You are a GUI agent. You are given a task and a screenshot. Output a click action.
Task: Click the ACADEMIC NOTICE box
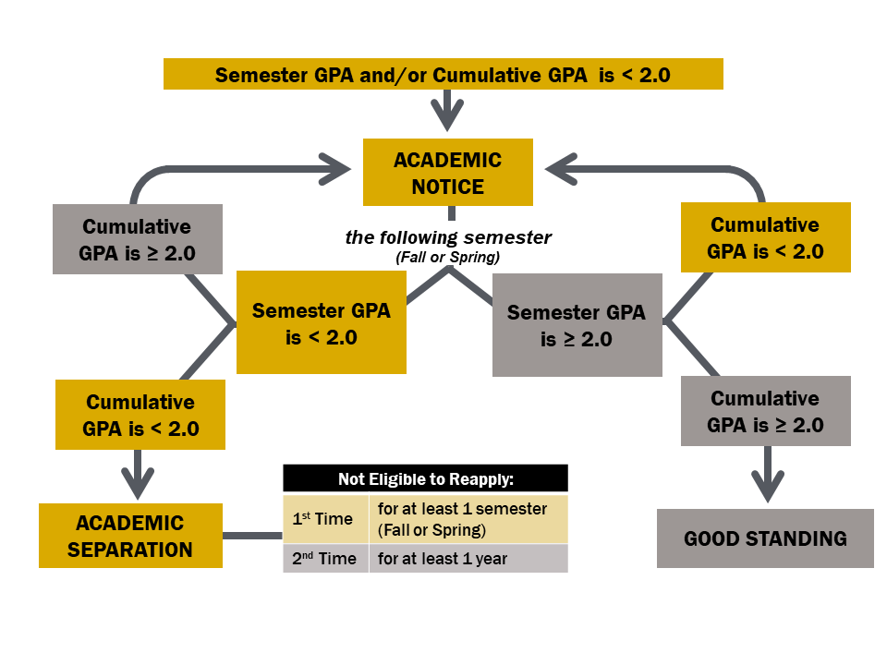(448, 173)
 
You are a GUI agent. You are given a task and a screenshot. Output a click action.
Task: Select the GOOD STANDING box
(765, 538)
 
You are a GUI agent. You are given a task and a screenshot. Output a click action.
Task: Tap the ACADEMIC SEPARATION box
(130, 536)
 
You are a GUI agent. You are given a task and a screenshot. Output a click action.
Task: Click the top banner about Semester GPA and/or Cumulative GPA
(443, 75)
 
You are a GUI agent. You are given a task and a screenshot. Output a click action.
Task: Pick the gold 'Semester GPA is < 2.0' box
(322, 322)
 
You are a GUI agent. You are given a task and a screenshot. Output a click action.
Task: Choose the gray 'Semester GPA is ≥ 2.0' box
(577, 325)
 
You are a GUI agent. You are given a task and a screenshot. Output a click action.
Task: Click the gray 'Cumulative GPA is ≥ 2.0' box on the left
(138, 239)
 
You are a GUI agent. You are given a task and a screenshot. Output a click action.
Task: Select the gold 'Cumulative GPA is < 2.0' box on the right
(765, 237)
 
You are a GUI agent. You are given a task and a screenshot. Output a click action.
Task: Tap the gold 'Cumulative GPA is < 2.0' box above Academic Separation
(140, 415)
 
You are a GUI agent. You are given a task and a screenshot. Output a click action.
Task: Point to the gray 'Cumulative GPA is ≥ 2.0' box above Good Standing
(765, 412)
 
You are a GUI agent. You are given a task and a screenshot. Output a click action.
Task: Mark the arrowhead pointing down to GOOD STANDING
(766, 485)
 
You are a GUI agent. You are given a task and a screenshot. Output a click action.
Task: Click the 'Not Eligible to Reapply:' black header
(425, 478)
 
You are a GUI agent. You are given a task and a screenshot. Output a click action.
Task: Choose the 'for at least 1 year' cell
(468, 559)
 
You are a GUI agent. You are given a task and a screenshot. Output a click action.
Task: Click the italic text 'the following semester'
(448, 238)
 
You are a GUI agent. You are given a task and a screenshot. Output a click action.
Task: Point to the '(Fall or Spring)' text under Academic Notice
(448, 258)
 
